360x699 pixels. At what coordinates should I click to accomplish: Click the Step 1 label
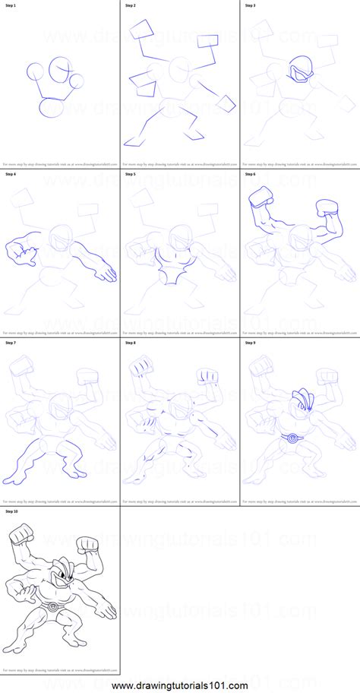(x=10, y=5)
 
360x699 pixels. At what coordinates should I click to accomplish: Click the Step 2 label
(x=130, y=5)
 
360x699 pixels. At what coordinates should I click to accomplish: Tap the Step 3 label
(x=250, y=5)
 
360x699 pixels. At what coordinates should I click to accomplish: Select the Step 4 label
(x=10, y=174)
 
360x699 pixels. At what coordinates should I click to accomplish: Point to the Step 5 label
(x=130, y=174)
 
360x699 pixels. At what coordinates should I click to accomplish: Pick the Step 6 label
(x=250, y=174)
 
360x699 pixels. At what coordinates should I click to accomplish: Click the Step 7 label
(x=10, y=343)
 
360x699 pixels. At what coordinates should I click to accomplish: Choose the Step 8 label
(x=130, y=343)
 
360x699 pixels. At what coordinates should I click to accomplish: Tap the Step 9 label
(x=250, y=343)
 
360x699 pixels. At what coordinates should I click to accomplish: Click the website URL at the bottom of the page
(x=180, y=687)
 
